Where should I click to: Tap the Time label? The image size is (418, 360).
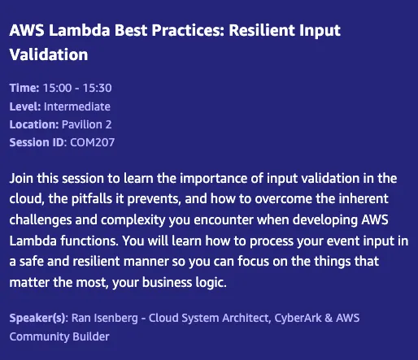pos(24,88)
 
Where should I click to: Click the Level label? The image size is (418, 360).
pos(25,106)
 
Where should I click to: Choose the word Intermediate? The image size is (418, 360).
pos(77,106)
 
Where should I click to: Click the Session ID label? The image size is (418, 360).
pos(37,142)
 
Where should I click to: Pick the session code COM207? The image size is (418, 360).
pos(94,142)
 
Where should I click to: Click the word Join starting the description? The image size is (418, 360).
pos(22,177)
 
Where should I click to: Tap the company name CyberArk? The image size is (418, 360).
pos(317,319)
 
